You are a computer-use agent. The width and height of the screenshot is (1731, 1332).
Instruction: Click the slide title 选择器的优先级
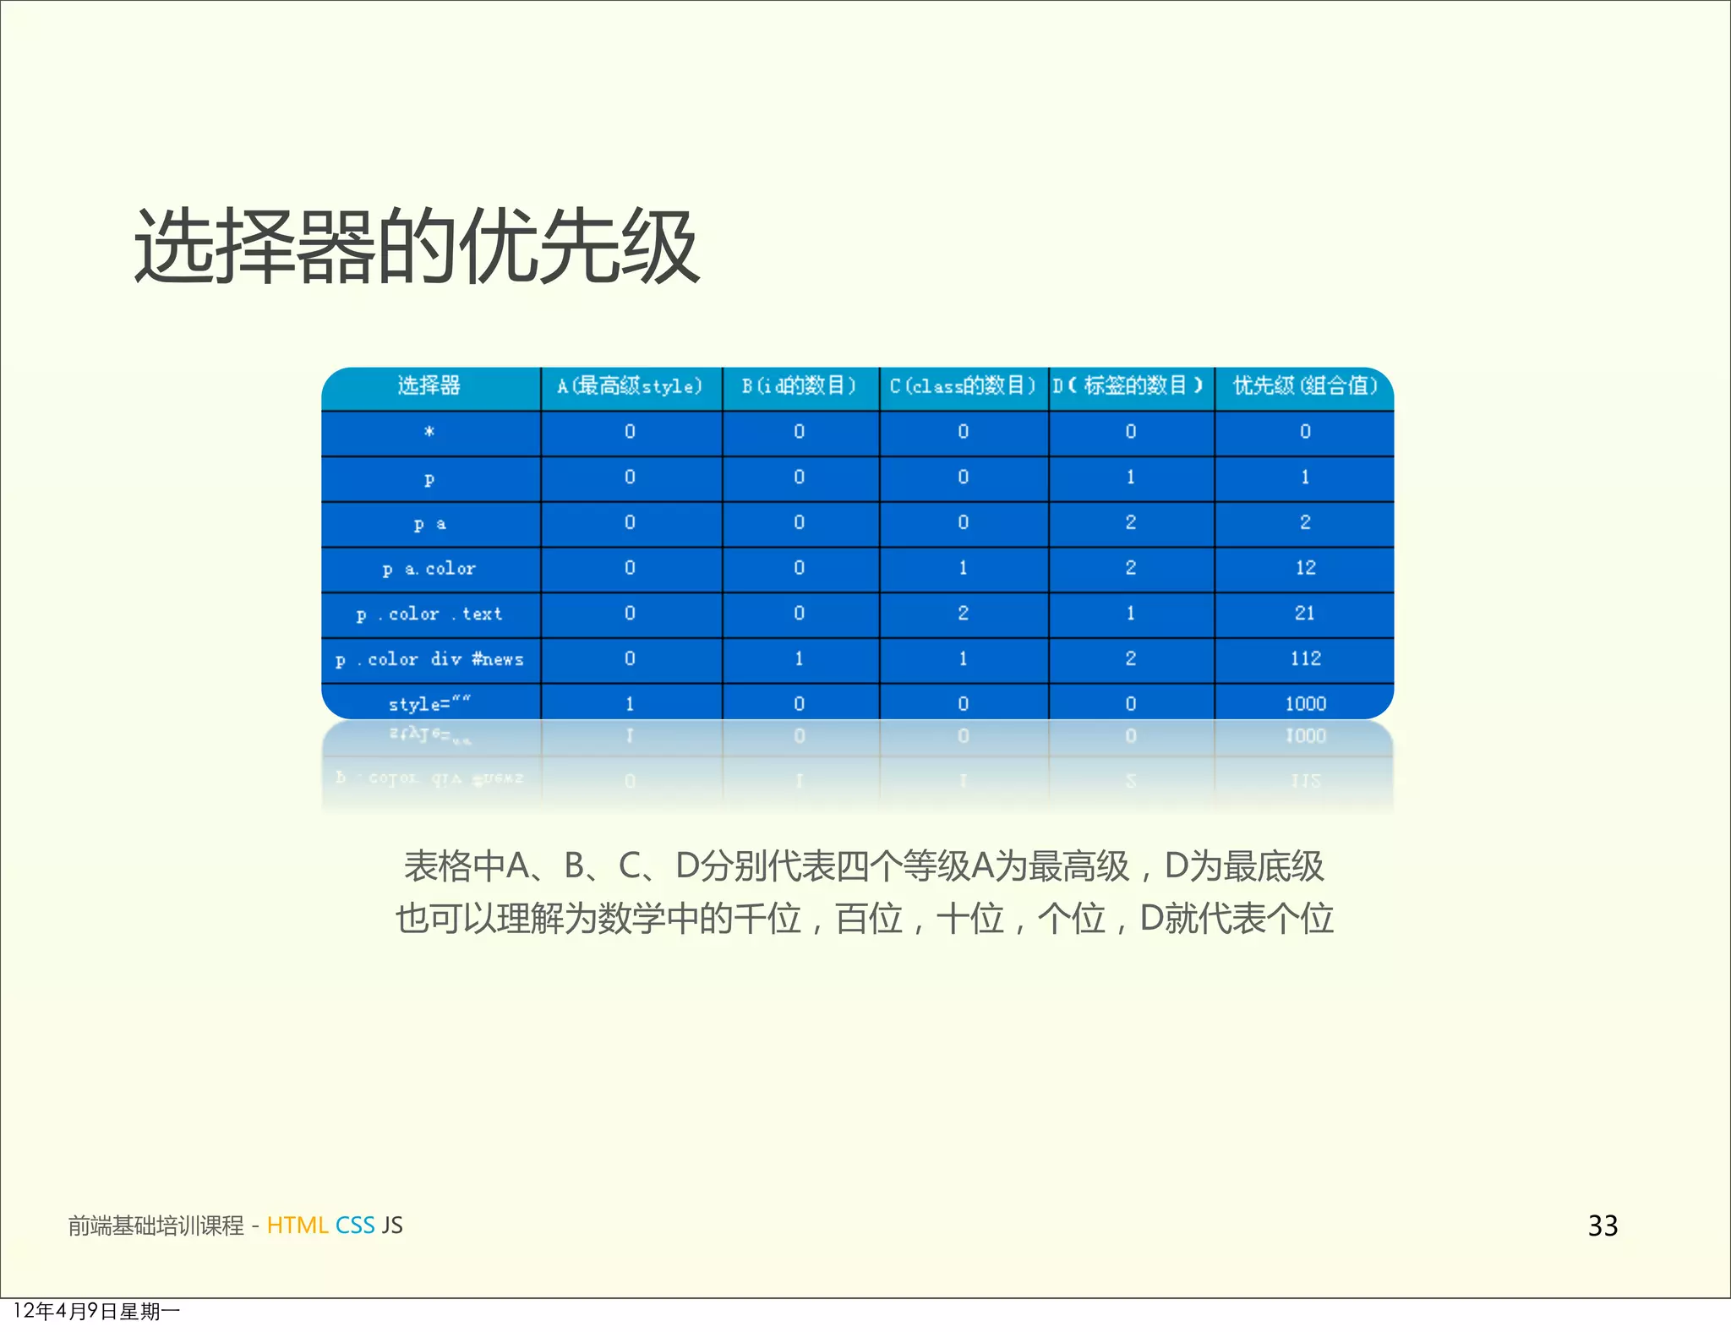[417, 247]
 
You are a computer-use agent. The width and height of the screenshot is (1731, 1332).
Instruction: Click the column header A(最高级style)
[630, 386]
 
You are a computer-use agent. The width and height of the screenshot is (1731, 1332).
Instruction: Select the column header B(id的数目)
[799, 386]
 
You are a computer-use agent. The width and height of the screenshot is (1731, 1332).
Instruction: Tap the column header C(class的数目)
[962, 386]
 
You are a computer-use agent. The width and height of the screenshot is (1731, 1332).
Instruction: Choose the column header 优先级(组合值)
[1304, 386]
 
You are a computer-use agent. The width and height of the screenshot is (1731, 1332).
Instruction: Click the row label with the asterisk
[429, 432]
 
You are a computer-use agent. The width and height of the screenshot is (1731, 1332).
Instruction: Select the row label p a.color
[429, 569]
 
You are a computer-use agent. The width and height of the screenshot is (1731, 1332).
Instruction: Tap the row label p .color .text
[429, 614]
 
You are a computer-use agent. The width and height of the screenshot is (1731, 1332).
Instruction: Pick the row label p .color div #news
[429, 659]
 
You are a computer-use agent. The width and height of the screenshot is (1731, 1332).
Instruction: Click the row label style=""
[429, 703]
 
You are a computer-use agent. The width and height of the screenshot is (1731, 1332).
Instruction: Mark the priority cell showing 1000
[1305, 703]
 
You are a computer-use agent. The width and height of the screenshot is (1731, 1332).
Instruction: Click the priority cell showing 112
[1305, 658]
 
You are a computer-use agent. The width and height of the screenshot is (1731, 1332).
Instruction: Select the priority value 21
[1305, 613]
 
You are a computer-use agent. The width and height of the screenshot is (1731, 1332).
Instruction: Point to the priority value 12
[1305, 568]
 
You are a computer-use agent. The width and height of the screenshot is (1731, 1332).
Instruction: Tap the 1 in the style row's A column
[630, 703]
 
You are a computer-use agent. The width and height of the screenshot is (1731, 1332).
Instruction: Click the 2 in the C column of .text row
[963, 613]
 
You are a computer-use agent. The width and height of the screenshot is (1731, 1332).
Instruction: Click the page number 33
[1603, 1226]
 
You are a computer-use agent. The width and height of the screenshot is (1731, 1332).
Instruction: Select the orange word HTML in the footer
[297, 1226]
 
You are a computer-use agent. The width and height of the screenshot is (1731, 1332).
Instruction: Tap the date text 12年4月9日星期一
[96, 1311]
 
